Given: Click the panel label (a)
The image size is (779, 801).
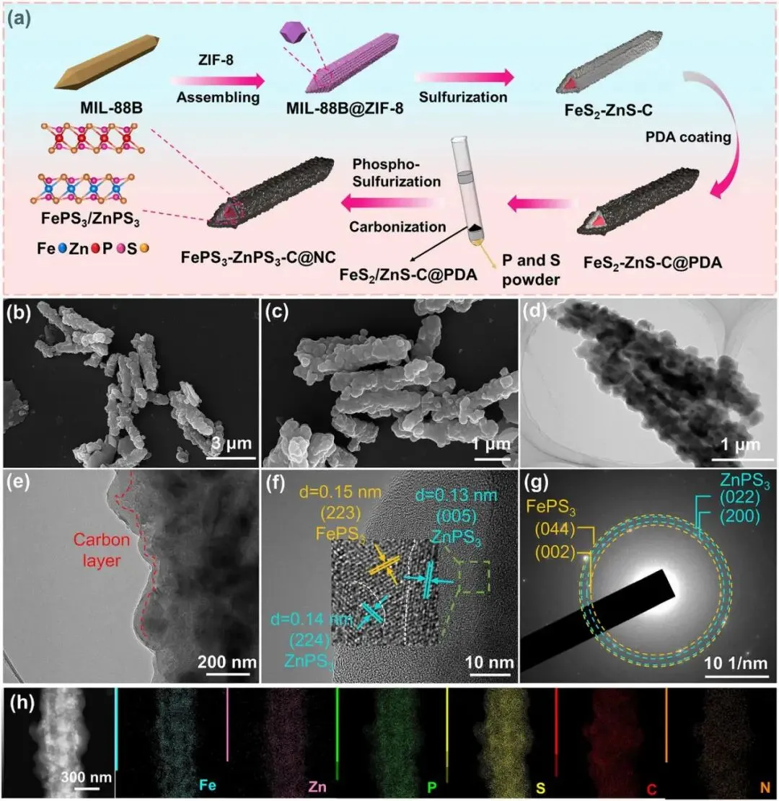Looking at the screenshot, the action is tap(19, 18).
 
